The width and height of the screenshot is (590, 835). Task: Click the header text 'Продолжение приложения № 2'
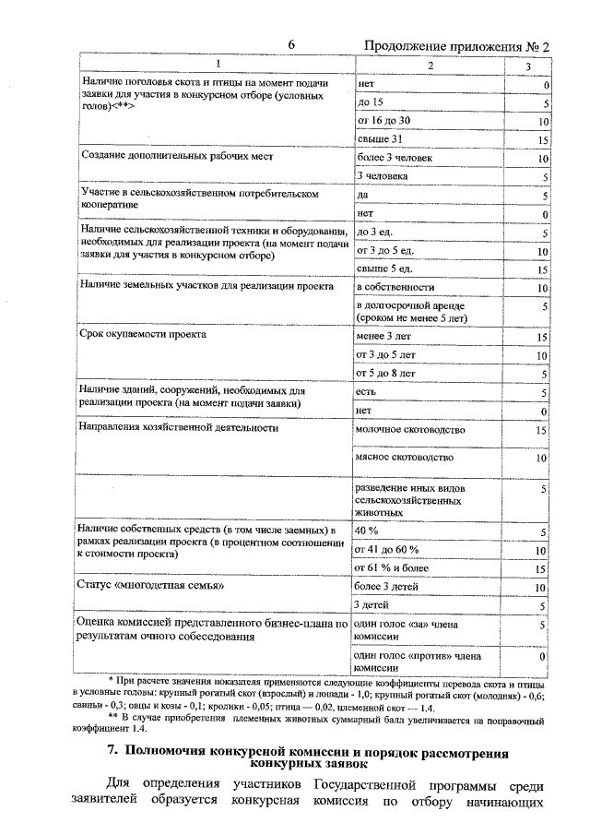click(x=456, y=46)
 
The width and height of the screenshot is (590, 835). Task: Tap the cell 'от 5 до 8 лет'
click(x=385, y=373)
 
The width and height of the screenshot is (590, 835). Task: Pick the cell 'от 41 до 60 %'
click(x=387, y=550)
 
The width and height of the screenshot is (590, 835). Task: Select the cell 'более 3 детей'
click(x=389, y=586)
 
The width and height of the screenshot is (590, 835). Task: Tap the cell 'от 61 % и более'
click(x=392, y=568)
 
